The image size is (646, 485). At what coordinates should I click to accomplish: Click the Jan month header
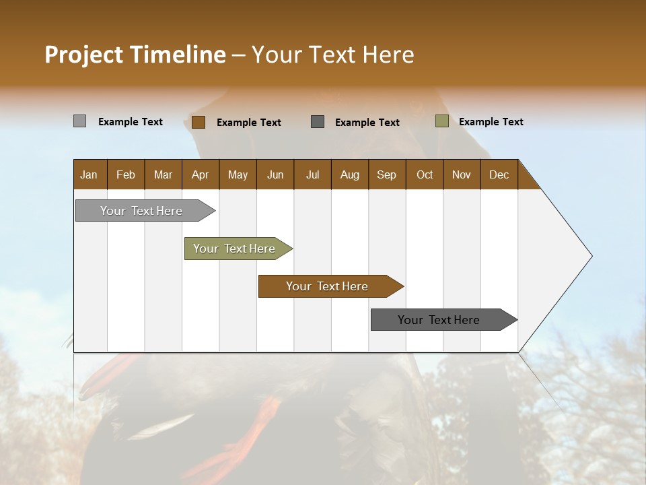pyautogui.click(x=89, y=175)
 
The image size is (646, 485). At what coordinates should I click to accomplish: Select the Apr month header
pyautogui.click(x=200, y=175)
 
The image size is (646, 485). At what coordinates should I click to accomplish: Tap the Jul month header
pyautogui.click(x=312, y=175)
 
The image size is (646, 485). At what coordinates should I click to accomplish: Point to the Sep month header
pyautogui.click(x=386, y=175)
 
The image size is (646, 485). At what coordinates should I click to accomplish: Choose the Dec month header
pyautogui.click(x=499, y=175)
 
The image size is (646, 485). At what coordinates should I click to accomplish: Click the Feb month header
pyautogui.click(x=126, y=175)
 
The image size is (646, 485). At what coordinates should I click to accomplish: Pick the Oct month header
pyautogui.click(x=425, y=175)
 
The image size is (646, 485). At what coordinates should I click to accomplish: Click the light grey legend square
pyautogui.click(x=79, y=121)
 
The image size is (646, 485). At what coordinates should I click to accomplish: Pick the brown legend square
pyautogui.click(x=199, y=122)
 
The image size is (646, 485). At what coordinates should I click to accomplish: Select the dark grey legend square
pyautogui.click(x=318, y=122)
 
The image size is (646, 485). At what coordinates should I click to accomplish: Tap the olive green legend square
pyautogui.click(x=441, y=121)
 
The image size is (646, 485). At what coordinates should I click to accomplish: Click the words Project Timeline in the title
pyautogui.click(x=135, y=55)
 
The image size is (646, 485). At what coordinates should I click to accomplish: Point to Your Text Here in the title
pyautogui.click(x=332, y=55)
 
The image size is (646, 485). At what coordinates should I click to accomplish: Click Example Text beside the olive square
pyautogui.click(x=491, y=122)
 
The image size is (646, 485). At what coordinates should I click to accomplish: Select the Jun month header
pyautogui.click(x=275, y=175)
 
